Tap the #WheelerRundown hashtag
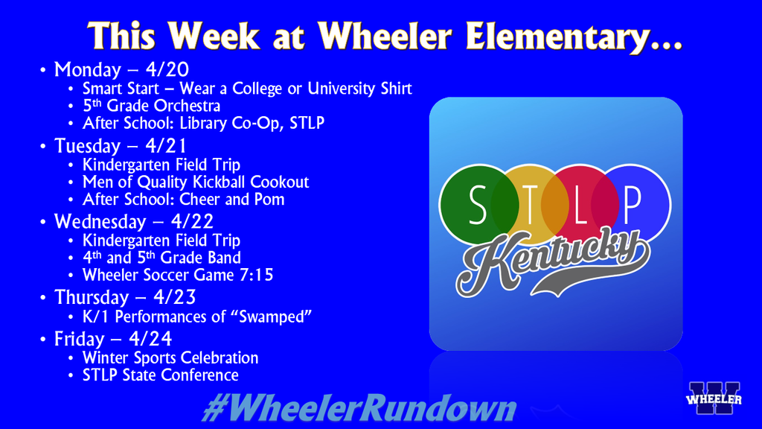359,409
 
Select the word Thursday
88,298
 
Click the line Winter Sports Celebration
170,358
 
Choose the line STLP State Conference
160,375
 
